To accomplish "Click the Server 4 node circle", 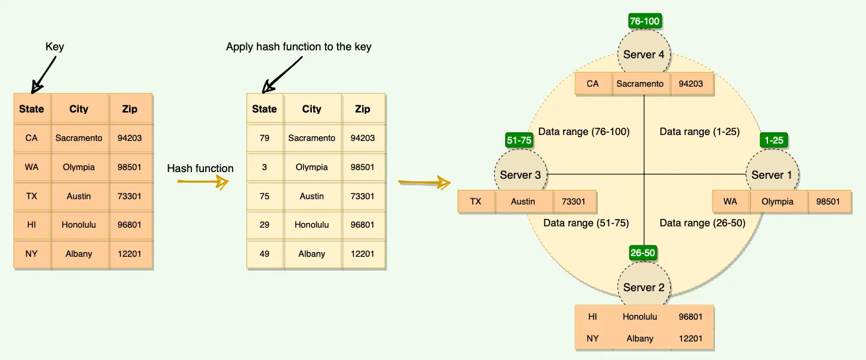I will point(644,54).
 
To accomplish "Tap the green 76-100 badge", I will point(644,21).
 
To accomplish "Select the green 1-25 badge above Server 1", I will point(774,140).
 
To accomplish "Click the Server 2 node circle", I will point(644,287).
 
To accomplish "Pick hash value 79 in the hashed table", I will point(264,138).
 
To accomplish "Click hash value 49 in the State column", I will point(264,253).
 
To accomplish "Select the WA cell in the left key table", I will point(31,167).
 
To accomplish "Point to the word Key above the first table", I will point(54,47).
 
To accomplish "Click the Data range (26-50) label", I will point(702,223).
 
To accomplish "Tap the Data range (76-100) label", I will point(583,132).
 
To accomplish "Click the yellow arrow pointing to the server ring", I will point(424,181).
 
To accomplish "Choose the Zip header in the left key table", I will point(130,109).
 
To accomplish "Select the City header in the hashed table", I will point(311,109).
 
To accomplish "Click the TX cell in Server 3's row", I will point(475,202).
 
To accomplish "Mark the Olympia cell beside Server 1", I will point(777,202).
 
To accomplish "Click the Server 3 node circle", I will point(520,175).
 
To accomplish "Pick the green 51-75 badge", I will point(519,140).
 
